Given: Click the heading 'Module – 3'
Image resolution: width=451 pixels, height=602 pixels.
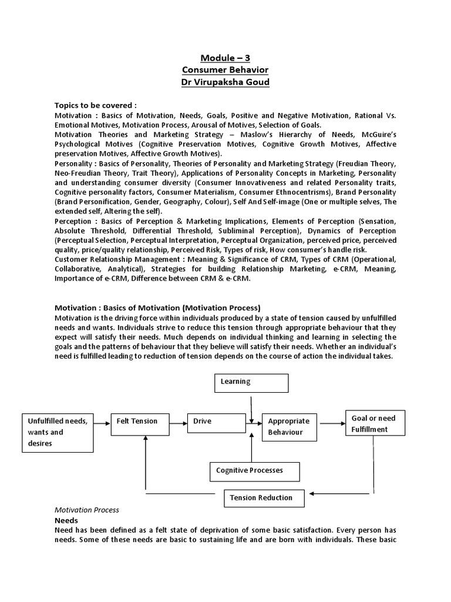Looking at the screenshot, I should tap(225, 58).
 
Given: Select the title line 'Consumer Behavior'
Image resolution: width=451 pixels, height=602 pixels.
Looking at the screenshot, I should tap(225, 70).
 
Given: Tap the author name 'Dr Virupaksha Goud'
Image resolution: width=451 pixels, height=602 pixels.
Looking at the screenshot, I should tap(225, 82).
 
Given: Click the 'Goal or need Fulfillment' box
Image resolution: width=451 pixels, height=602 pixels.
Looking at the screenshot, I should tap(373, 424).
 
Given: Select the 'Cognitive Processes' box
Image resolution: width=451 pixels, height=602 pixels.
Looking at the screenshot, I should tap(254, 471).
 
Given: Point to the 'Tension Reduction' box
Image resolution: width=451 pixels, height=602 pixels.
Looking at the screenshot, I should tap(264, 498).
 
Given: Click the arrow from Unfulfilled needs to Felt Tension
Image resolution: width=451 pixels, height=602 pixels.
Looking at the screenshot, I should tap(102, 422).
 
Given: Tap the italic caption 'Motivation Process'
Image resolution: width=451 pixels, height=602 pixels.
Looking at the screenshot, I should tap(86, 510).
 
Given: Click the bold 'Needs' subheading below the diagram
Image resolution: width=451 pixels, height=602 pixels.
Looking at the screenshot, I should tap(66, 521).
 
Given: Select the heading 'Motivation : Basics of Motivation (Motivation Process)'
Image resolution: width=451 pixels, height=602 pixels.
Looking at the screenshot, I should tap(157, 307).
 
